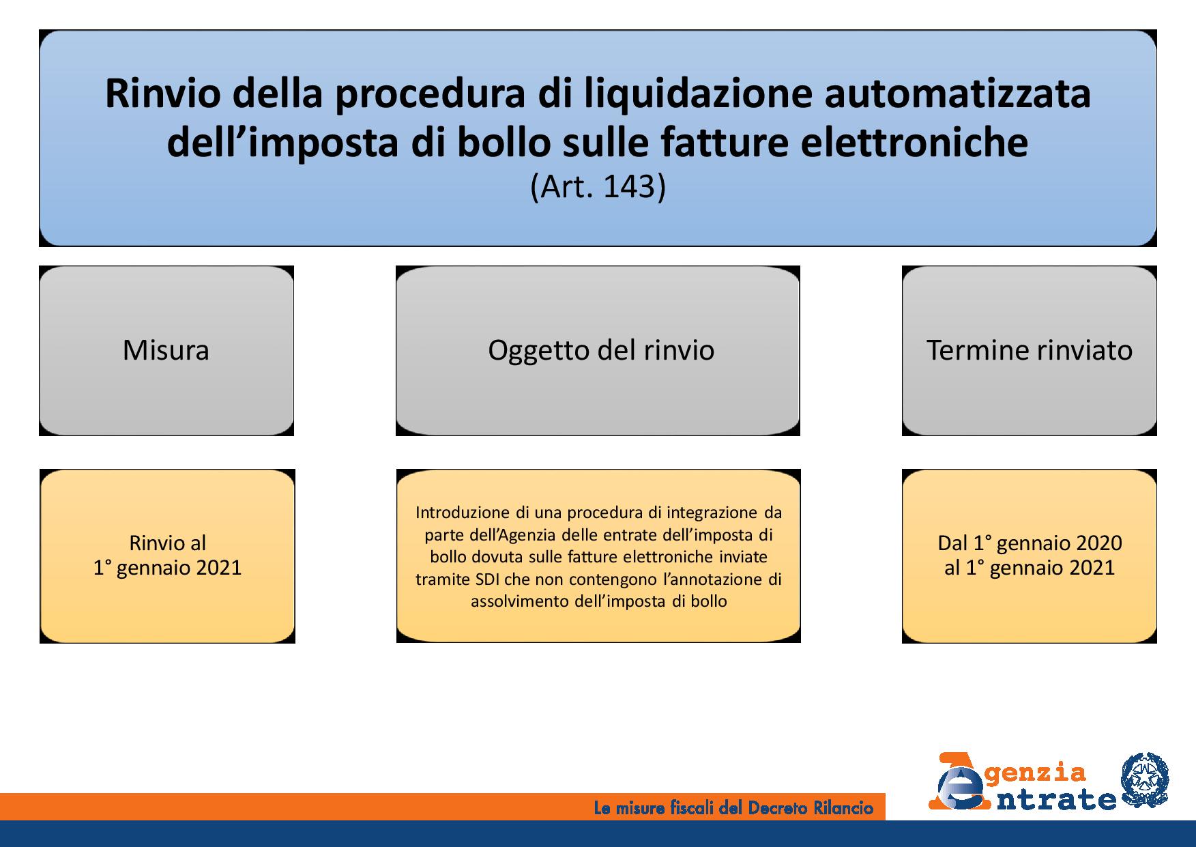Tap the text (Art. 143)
(598, 187)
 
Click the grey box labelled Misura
(166, 351)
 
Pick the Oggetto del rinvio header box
(598, 351)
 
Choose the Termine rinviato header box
(1030, 351)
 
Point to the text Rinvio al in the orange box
(167, 543)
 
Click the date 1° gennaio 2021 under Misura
(167, 568)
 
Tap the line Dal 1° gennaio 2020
(1030, 543)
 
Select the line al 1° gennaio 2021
(1030, 568)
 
